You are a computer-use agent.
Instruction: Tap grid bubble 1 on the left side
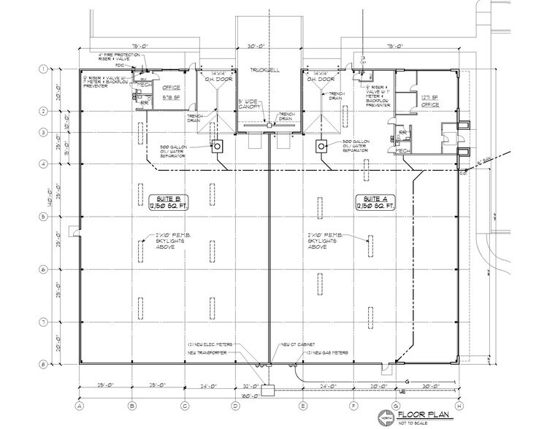[43, 69]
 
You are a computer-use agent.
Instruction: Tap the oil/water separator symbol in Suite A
[321, 146]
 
